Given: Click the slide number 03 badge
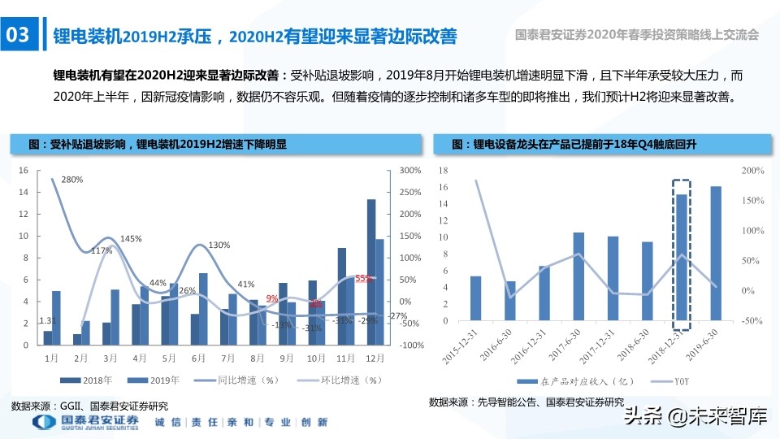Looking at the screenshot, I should coord(18,35).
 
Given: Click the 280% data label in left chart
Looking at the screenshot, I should coord(72,180).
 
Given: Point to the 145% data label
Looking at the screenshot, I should coord(131,239).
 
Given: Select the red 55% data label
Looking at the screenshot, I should coord(363,278).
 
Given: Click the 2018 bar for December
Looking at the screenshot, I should coord(370,272).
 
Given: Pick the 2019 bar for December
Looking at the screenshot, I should coord(379,292).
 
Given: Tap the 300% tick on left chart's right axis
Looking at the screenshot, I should coord(411,171).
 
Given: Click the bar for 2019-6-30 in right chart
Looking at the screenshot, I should coord(715,257).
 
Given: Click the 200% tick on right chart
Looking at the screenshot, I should coord(752,171).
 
